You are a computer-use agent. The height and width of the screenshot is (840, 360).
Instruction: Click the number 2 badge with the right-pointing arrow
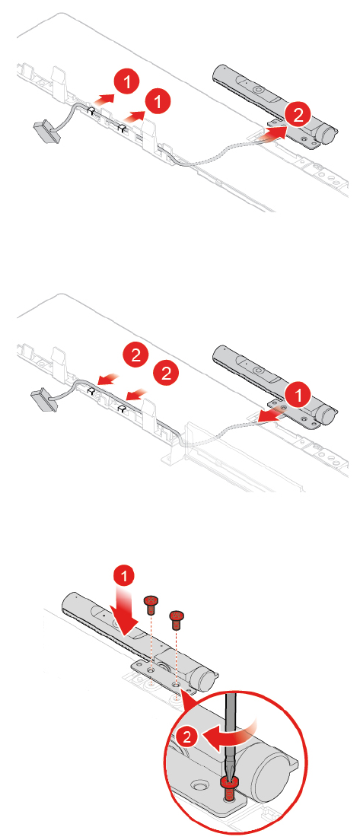point(298,113)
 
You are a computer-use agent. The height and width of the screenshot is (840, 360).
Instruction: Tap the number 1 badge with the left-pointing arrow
point(298,397)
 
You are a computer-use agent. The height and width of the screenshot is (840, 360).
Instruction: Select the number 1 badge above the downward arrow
point(125,577)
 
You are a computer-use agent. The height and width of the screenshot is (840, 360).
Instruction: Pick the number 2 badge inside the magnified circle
point(186,737)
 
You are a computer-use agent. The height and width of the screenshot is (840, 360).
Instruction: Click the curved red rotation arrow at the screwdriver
point(231,737)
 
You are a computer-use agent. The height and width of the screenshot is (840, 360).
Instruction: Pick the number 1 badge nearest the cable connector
point(127,83)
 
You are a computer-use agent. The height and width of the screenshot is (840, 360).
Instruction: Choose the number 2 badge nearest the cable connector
point(136,354)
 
